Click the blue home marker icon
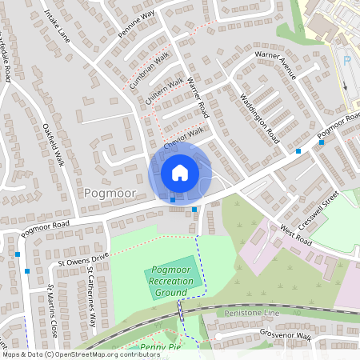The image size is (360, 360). pos(180,173)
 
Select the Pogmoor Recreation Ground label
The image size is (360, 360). pos(171,282)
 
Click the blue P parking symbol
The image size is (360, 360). pos(346,59)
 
